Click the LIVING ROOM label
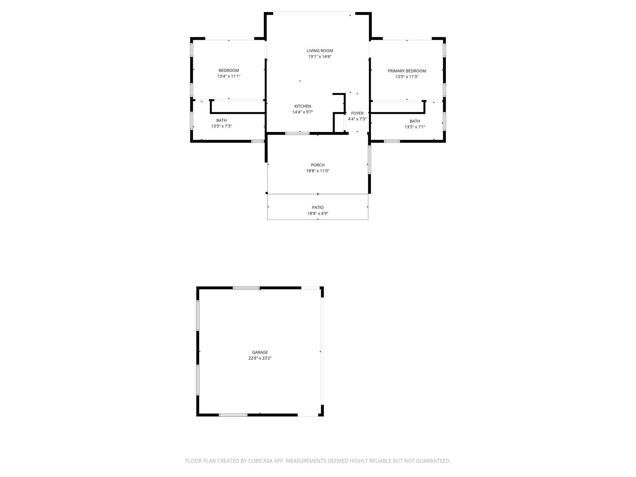[x=320, y=51]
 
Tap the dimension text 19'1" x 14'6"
[x=320, y=57]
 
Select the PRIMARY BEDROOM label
[x=407, y=71]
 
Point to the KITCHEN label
[x=302, y=106]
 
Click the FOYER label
[x=357, y=113]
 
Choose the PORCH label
[x=317, y=165]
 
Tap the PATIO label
[x=317, y=207]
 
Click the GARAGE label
[x=260, y=352]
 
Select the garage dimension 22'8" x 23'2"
[x=260, y=358]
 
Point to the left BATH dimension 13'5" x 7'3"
[x=221, y=126]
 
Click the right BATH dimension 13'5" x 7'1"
[x=415, y=127]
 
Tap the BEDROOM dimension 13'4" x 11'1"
[x=229, y=76]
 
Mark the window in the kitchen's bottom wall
[x=297, y=133]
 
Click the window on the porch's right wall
[x=369, y=160]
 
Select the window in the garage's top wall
[x=246, y=288]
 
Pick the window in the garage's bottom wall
[x=233, y=415]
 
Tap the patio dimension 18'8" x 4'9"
[x=317, y=213]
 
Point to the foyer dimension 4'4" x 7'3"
[x=357, y=119]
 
